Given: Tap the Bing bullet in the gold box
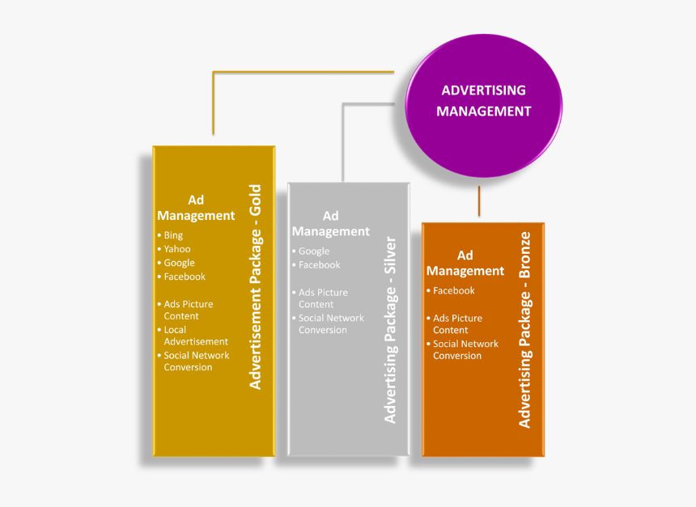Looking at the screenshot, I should [173, 235].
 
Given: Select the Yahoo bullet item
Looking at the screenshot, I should [177, 249].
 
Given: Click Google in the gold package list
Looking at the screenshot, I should [179, 263].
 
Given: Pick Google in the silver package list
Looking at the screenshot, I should [314, 251].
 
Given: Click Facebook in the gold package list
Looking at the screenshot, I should [185, 277].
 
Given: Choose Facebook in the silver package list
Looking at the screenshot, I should [319, 264].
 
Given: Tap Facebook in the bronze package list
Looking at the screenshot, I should [453, 290].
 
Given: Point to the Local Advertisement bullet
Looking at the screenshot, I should [195, 336].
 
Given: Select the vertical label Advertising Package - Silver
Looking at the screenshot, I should [390, 330].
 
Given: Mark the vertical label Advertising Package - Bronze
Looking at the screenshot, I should [524, 330].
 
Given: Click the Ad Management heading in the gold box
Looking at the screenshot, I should [196, 208].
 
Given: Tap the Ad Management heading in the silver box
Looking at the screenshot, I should [330, 223].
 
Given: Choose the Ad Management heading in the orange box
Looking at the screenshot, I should [465, 264].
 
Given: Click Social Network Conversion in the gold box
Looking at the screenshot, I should [196, 361].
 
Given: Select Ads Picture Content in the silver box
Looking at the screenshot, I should [323, 298].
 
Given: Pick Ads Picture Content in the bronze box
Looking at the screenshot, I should [457, 324].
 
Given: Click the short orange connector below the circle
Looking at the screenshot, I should [479, 201].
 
